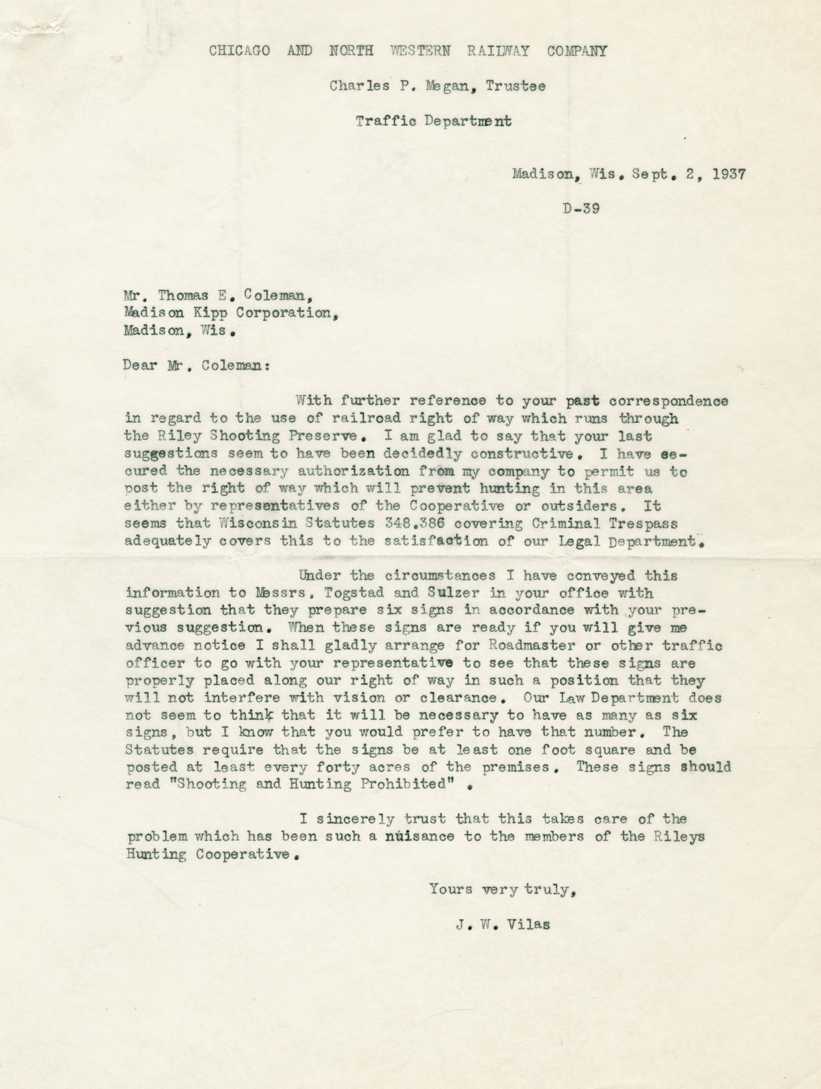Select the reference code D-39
581,209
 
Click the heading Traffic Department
433,121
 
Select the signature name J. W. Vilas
503,925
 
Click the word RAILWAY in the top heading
498,51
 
